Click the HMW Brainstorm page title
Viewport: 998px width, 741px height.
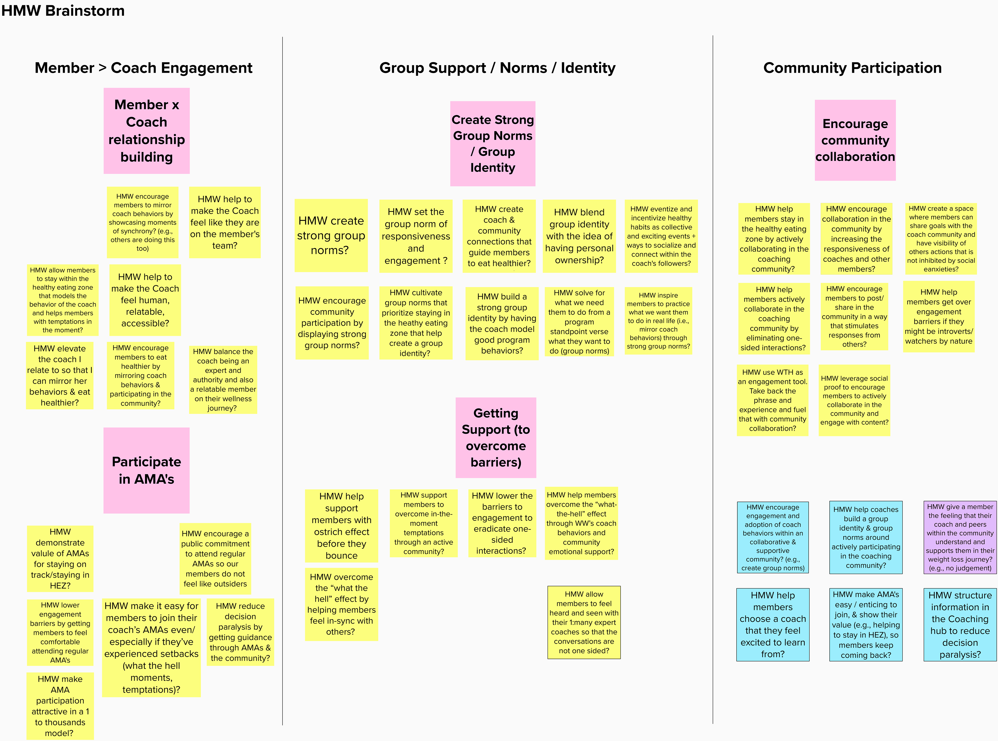click(63, 10)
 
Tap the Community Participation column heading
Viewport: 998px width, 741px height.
click(852, 68)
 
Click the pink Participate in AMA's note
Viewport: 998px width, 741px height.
click(146, 470)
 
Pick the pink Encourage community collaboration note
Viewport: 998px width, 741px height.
click(855, 140)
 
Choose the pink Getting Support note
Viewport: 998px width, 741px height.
click(495, 437)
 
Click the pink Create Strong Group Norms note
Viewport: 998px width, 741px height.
click(492, 144)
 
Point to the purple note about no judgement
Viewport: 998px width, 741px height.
click(960, 537)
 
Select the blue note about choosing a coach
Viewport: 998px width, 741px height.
click(772, 624)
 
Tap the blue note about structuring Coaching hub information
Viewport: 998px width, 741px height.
click(960, 624)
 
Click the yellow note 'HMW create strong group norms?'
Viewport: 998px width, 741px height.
click(331, 236)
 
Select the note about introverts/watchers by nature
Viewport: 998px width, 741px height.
click(938, 316)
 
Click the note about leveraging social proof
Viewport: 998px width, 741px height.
click(854, 400)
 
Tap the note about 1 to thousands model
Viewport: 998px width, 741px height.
click(60, 706)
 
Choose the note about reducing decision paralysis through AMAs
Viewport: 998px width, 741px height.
click(240, 632)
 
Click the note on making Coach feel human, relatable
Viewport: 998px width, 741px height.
click(145, 300)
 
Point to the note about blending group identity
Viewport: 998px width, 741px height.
click(579, 236)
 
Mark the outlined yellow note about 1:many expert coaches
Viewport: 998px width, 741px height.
click(584, 622)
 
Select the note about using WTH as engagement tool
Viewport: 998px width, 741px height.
click(772, 400)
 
